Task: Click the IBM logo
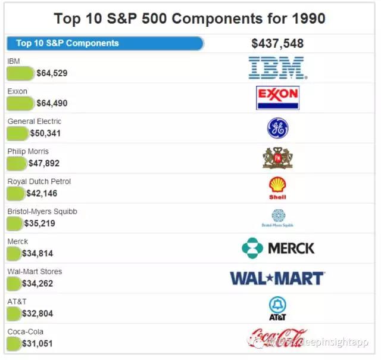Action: (x=277, y=68)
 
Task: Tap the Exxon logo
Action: (x=277, y=98)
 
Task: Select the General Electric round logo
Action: (x=277, y=128)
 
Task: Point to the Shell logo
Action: (x=277, y=188)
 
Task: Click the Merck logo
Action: (x=278, y=248)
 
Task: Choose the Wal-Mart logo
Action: (x=277, y=278)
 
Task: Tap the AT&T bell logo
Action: (x=277, y=308)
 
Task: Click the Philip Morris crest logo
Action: (x=277, y=158)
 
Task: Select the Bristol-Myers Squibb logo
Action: (x=277, y=218)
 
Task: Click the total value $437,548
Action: (x=277, y=44)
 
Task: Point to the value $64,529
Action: (x=52, y=73)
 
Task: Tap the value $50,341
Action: (x=45, y=133)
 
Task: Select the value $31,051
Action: (x=38, y=343)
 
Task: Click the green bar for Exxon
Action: (x=20, y=103)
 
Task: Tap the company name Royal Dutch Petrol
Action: (x=39, y=181)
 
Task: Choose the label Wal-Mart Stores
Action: (x=35, y=271)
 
